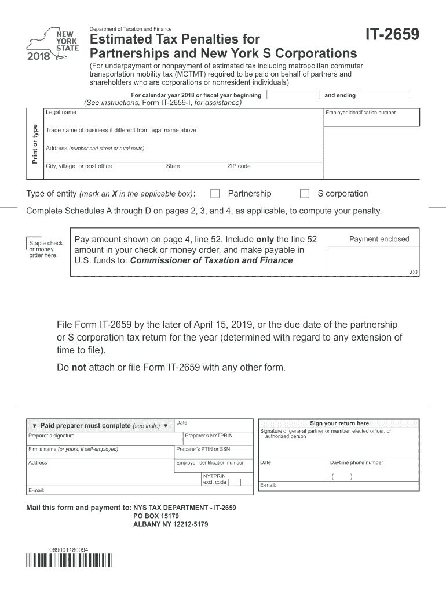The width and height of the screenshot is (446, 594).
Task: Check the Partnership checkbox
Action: pos(215,194)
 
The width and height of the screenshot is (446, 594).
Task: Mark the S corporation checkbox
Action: pos(304,194)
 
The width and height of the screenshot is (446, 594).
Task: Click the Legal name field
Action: pos(184,118)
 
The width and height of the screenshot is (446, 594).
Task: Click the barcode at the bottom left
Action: pos(69,561)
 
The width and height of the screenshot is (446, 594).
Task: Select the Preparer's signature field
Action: pos(104,439)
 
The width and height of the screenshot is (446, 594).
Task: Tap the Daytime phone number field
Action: pos(373,474)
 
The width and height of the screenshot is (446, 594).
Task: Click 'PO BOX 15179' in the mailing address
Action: pos(156,516)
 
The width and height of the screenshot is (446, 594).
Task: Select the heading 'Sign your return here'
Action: pos(339,423)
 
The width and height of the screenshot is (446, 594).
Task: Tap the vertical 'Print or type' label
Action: pos(35,143)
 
